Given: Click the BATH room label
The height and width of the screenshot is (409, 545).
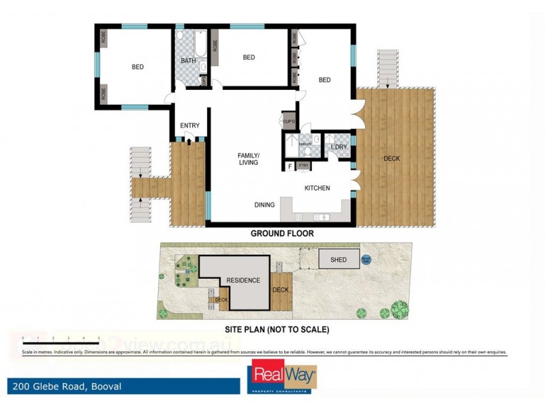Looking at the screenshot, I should click(x=188, y=61).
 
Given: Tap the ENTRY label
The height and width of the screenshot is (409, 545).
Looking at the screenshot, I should click(x=189, y=125).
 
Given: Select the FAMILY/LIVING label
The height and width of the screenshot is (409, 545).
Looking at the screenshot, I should click(x=249, y=159).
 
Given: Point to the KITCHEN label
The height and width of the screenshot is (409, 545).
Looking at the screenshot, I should click(x=317, y=188).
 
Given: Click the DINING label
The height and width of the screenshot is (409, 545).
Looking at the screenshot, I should click(x=264, y=204).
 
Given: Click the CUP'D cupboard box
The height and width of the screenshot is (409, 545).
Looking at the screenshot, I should click(x=288, y=121).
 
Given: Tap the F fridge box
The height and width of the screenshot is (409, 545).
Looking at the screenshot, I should click(x=290, y=166).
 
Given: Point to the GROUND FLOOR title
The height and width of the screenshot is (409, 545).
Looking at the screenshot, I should click(x=281, y=233).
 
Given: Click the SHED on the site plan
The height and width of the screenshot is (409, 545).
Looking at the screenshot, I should click(x=338, y=260).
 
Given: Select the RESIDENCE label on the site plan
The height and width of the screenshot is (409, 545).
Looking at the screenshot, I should click(x=243, y=280).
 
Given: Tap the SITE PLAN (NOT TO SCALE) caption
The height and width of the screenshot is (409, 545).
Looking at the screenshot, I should click(x=281, y=329).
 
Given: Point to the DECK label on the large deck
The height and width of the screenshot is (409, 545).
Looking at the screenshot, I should click(x=392, y=159).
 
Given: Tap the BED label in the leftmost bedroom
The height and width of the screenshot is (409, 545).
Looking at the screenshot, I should click(x=138, y=67).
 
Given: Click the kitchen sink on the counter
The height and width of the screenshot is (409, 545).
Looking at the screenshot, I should click(x=321, y=217).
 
